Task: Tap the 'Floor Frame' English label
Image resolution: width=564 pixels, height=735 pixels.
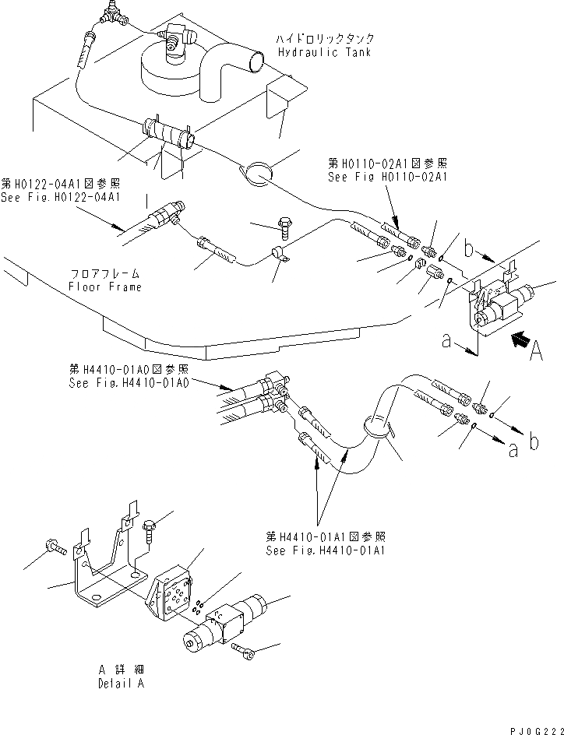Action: pos(105,287)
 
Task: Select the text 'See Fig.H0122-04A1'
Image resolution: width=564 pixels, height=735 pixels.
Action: pos(61,196)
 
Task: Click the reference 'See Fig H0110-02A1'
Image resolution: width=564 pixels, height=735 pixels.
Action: pos(386,178)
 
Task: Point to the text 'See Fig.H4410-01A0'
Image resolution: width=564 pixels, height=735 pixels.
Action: pos(128,382)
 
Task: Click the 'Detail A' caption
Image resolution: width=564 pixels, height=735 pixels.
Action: pos(121,684)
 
